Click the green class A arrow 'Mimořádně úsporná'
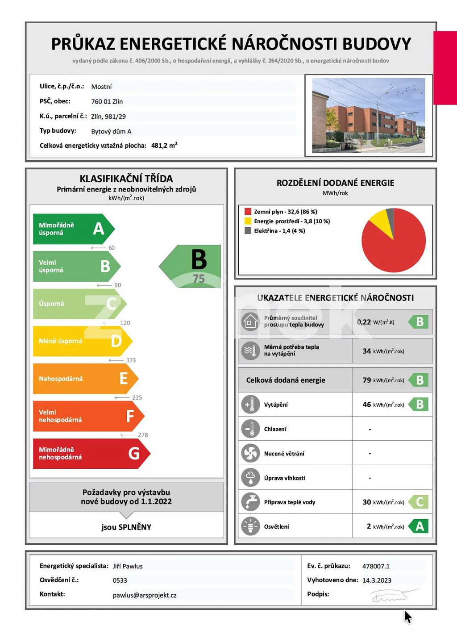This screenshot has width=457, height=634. pyautogui.click(x=71, y=229)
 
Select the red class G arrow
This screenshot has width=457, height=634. pyautogui.click(x=89, y=454)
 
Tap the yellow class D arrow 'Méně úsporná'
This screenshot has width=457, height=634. pyautogui.click(x=80, y=341)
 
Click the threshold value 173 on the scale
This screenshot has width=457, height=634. pyautogui.click(x=131, y=360)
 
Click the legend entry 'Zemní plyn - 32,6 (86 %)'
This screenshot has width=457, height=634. pyautogui.click(x=285, y=212)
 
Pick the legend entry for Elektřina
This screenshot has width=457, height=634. pyautogui.click(x=279, y=231)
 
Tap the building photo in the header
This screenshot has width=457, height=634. pyautogui.click(x=369, y=116)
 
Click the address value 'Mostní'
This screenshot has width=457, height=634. pyautogui.click(x=101, y=87)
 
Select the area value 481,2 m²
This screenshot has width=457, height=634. pyautogui.click(x=164, y=146)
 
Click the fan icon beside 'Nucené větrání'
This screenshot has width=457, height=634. pyautogui.click(x=250, y=454)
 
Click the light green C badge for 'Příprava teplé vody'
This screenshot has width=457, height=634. pyautogui.click(x=419, y=502)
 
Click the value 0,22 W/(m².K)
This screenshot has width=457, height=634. pyautogui.click(x=375, y=322)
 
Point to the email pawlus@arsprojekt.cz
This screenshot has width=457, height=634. pyautogui.click(x=145, y=596)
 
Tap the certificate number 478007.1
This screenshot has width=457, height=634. pyautogui.click(x=376, y=566)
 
